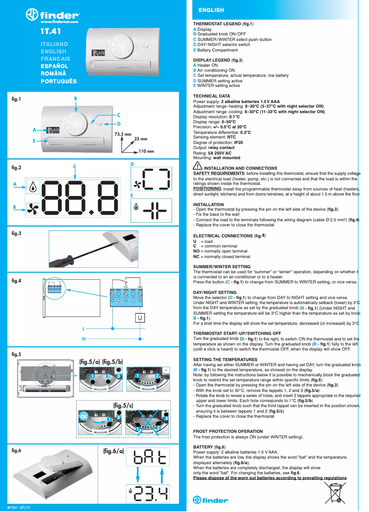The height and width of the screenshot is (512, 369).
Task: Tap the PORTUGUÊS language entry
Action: pyautogui.click(x=58, y=81)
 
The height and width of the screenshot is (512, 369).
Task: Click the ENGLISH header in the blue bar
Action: pyautogui.click(x=211, y=10)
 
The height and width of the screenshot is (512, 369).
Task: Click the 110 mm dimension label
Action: pyautogui.click(x=146, y=151)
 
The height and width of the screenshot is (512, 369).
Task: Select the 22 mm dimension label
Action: pyautogui.click(x=140, y=139)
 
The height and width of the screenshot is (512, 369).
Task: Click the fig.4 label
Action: pyautogui.click(x=17, y=280)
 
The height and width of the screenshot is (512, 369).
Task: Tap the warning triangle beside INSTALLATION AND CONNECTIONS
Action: pyautogui.click(x=197, y=166)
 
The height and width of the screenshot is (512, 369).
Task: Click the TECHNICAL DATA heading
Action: pyautogui.click(x=212, y=96)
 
